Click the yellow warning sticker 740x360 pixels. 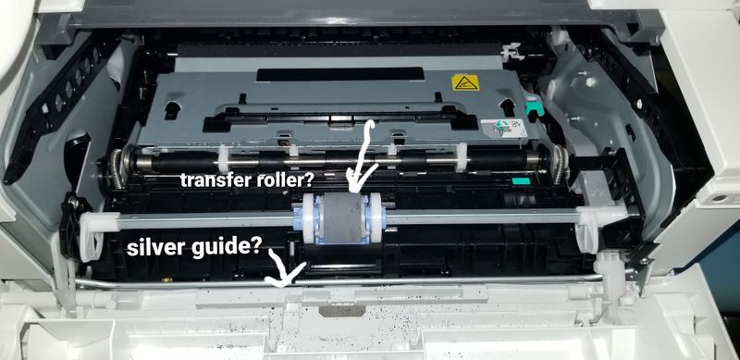[x=465, y=82]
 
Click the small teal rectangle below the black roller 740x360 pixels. [x=521, y=181]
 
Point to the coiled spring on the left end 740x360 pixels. [x=117, y=168]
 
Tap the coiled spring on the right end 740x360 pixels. [x=560, y=164]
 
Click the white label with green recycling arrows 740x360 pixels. [x=503, y=128]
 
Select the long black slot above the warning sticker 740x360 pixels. [x=340, y=74]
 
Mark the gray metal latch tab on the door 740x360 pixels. [x=342, y=310]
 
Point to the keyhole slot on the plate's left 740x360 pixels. [x=172, y=109]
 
